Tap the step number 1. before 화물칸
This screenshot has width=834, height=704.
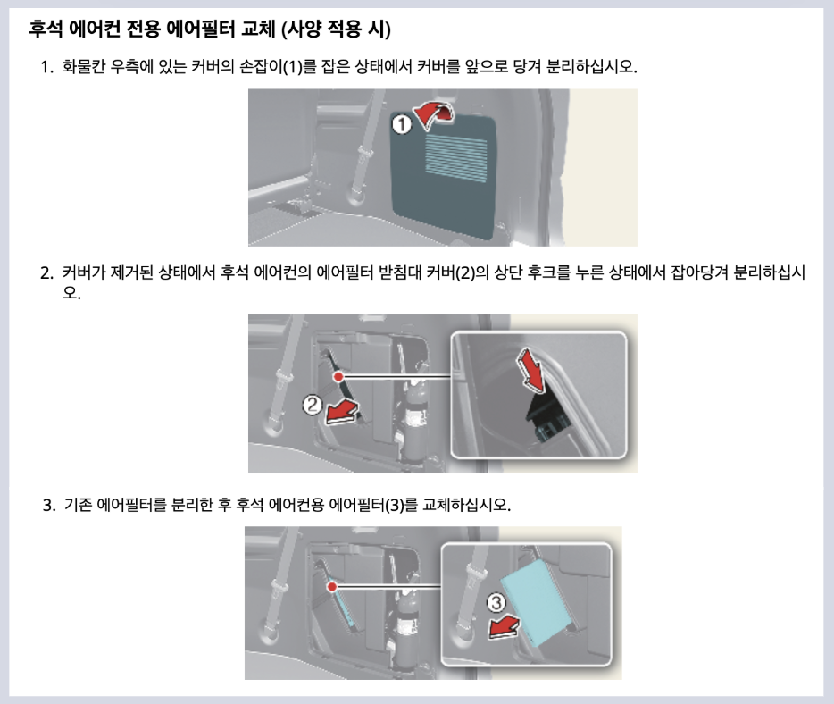click(46, 68)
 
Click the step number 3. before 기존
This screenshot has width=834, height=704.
click(49, 506)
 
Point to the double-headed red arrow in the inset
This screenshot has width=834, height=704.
click(533, 370)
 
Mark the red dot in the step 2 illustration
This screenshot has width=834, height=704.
click(338, 377)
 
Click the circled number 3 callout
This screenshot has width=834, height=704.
click(497, 605)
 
